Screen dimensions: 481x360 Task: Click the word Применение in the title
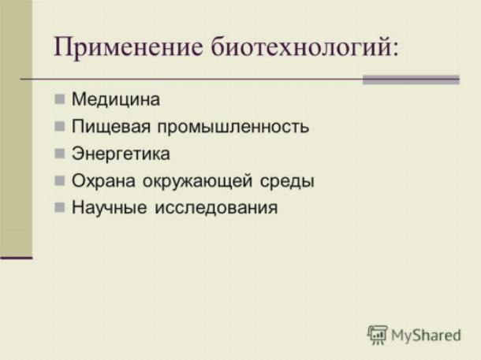coord(129,47)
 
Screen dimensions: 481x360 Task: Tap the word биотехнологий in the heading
coord(299,46)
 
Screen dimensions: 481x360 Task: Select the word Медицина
coord(116,99)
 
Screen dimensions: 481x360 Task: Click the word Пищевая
coord(110,126)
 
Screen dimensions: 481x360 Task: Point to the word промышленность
coord(233,127)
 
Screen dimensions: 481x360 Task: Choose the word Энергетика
coord(121,154)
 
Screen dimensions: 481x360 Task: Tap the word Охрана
coord(103,180)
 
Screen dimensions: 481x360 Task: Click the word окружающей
coord(198,181)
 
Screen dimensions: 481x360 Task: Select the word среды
coord(287,181)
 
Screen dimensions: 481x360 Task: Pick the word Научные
coord(109,207)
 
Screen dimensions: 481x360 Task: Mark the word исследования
coord(216,208)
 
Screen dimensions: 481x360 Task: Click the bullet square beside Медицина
coord(59,99)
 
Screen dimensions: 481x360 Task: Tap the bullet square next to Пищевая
coord(59,126)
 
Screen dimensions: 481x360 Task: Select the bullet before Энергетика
coord(59,153)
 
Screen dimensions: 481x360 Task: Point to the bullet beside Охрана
coord(59,180)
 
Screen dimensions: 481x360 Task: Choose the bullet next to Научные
coord(59,207)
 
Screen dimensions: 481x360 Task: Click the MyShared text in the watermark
coord(426,335)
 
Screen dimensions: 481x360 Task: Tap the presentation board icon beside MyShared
coord(378,335)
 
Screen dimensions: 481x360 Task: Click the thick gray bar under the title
coord(411,80)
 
